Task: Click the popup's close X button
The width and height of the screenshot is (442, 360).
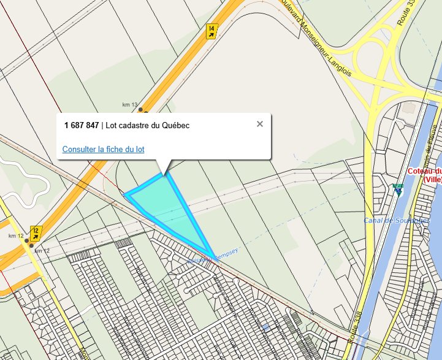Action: tap(260, 124)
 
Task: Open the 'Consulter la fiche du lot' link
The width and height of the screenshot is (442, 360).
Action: tap(103, 149)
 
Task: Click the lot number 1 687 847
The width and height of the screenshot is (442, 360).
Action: tap(82, 125)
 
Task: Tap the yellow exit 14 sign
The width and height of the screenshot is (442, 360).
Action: tap(212, 31)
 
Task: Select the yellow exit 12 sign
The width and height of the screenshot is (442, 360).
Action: tap(37, 234)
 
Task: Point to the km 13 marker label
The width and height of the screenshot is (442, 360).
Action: tap(131, 105)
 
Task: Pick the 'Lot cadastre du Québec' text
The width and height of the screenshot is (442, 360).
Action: tap(148, 125)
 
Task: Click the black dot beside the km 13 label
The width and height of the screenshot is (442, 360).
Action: tap(141, 110)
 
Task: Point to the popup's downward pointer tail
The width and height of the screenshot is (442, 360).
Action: tap(163, 167)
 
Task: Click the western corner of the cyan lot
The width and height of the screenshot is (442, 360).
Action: tap(126, 196)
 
